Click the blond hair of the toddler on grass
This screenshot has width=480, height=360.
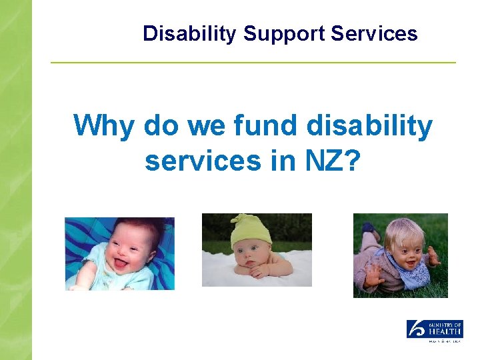(400, 230)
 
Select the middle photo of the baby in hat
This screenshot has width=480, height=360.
(257, 250)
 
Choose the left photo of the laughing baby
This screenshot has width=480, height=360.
(119, 253)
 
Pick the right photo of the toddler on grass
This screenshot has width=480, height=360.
(400, 255)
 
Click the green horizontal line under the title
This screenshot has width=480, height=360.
(253, 63)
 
